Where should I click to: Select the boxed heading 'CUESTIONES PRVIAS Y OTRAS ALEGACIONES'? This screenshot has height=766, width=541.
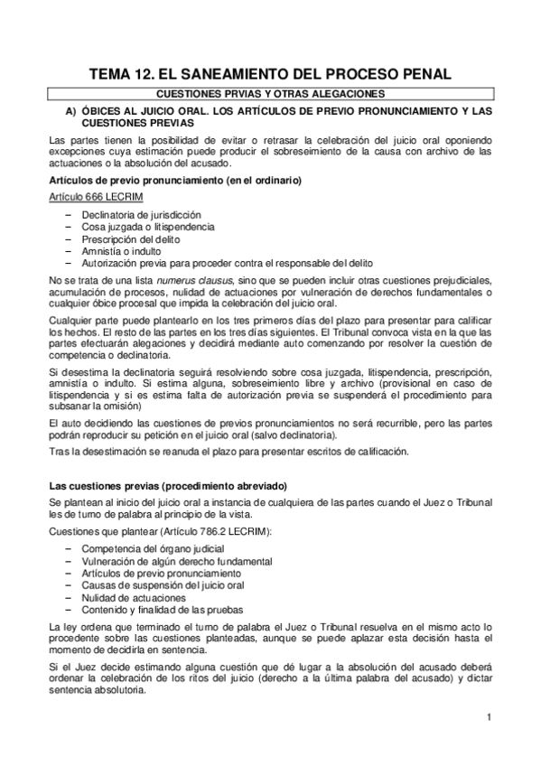tap(270, 94)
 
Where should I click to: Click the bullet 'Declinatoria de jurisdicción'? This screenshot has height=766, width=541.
tap(141, 215)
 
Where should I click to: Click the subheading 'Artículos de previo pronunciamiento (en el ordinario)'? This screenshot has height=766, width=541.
tap(175, 181)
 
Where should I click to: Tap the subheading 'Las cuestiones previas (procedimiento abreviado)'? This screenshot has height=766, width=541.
tap(167, 486)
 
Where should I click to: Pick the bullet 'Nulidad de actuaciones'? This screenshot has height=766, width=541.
tap(134, 597)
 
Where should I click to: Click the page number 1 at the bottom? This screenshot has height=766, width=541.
tap(488, 717)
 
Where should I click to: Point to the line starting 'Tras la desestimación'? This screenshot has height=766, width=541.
tap(229, 451)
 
